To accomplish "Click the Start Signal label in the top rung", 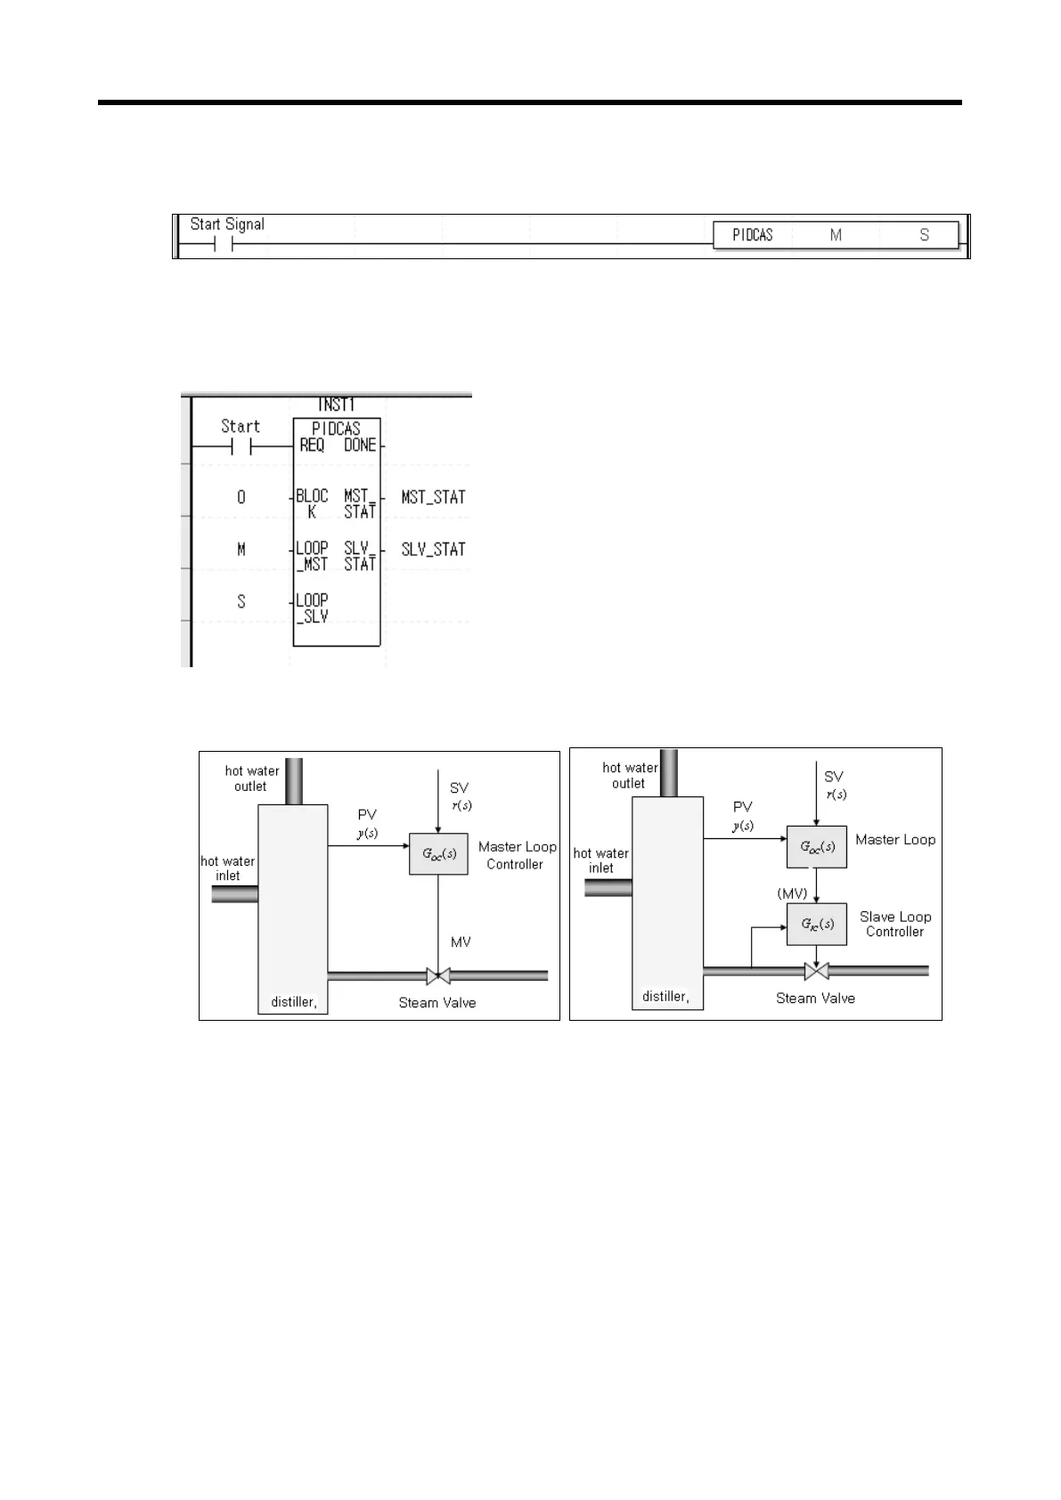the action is click(x=227, y=224).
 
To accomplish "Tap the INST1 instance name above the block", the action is click(x=336, y=405).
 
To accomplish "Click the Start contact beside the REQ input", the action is click(x=241, y=446).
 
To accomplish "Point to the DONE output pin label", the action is click(x=360, y=444).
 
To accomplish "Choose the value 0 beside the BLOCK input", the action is click(x=241, y=497).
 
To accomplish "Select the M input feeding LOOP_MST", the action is click(x=241, y=550).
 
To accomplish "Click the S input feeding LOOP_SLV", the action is click(x=241, y=602).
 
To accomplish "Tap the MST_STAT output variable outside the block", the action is click(x=433, y=497).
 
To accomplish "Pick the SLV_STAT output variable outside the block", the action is click(x=433, y=550).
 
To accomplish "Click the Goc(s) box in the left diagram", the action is click(x=438, y=853).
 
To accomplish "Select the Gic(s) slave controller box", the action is click(x=816, y=924).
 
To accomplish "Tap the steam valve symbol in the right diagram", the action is click(x=816, y=970).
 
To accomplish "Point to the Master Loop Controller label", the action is click(x=517, y=855).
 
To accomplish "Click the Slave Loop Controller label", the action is click(x=895, y=924).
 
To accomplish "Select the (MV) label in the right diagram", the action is click(x=792, y=893).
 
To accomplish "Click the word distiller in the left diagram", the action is click(x=293, y=1002).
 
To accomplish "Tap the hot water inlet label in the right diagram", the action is click(x=601, y=860).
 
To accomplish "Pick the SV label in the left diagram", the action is click(x=459, y=788).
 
